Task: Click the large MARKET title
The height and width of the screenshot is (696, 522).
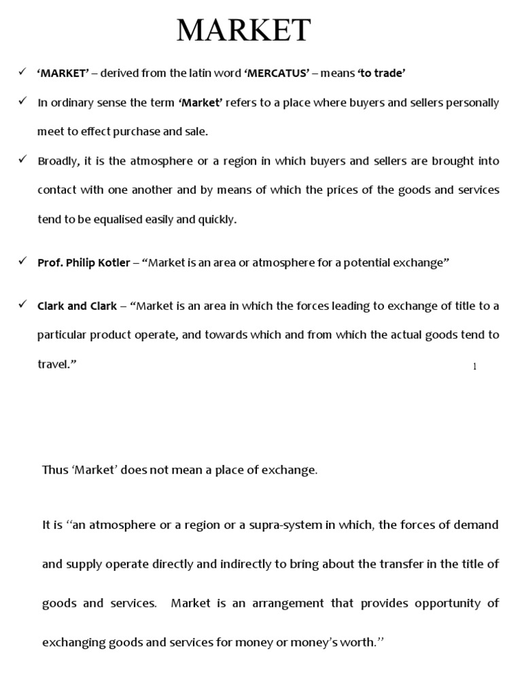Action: (244, 31)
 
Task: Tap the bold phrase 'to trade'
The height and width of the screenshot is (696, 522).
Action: (385, 73)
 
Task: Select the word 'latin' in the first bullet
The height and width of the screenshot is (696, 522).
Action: (208, 73)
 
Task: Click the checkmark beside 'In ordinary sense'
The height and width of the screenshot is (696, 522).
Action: (22, 101)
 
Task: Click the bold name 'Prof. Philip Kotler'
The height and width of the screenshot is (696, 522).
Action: (84, 262)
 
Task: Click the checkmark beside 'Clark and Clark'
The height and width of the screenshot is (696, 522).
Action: (22, 304)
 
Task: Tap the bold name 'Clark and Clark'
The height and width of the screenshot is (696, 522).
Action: (77, 306)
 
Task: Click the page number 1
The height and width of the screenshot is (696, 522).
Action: (475, 367)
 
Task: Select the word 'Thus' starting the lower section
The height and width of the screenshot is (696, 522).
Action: (54, 470)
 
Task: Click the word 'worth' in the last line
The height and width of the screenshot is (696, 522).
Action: (358, 642)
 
